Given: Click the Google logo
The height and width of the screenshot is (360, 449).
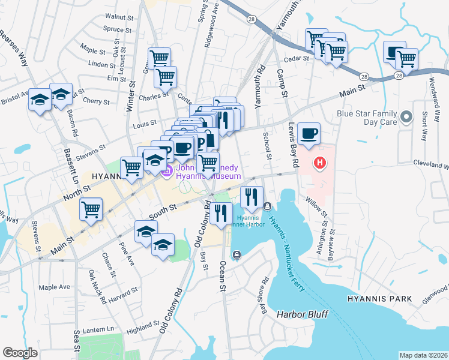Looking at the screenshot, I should (20, 353).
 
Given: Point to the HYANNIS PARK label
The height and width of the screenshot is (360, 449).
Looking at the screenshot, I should (379, 298).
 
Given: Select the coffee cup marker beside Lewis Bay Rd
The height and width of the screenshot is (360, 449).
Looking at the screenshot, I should (309, 134).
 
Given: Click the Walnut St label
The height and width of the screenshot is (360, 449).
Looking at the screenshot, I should (118, 17).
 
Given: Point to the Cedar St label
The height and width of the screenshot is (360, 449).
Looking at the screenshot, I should (296, 59).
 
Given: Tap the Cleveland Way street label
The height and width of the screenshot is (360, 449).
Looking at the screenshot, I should (431, 163).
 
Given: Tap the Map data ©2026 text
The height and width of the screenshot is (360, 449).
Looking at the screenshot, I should (423, 355).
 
